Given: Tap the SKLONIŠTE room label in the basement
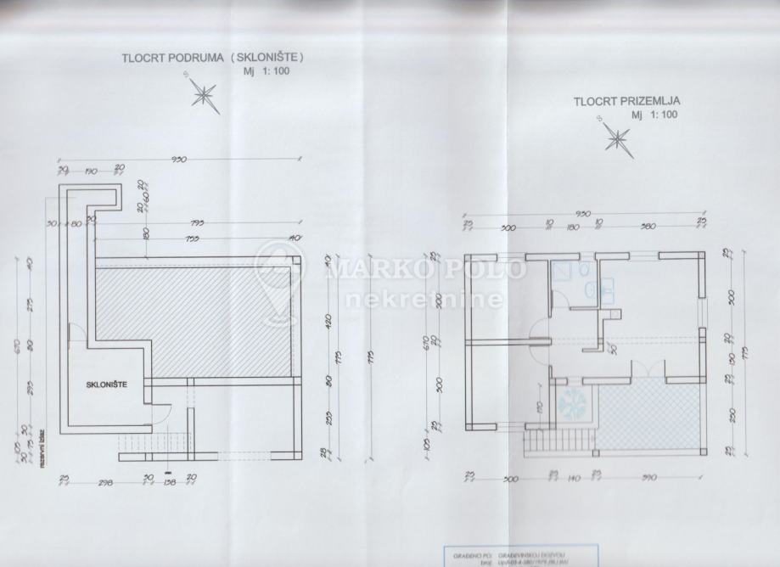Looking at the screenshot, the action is click(107, 385).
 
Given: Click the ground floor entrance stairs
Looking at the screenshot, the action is click(538, 441).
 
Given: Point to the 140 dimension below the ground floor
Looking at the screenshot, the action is click(575, 477).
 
